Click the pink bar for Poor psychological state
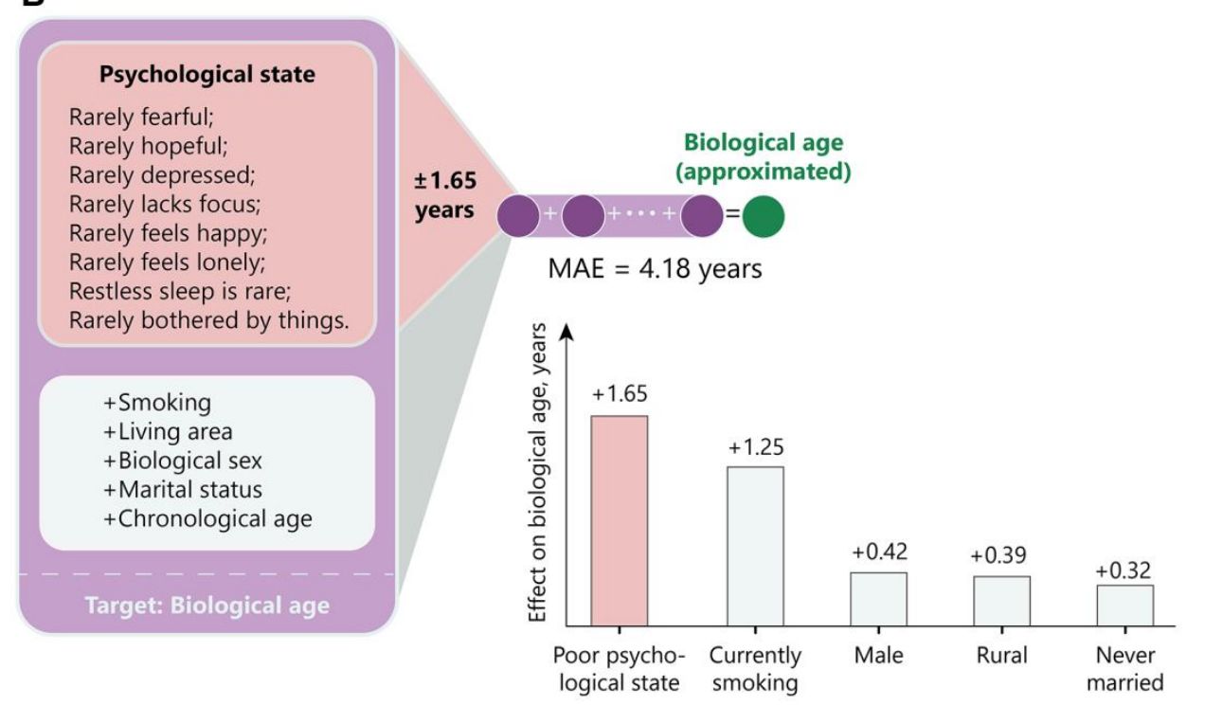tap(620, 520)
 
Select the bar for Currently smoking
tap(755, 546)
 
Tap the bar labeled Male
tap(878, 599)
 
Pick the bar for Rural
tap(1001, 601)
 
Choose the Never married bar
tap(1125, 605)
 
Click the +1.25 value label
tap(756, 447)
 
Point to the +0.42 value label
tap(879, 552)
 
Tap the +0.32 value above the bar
tap(1124, 570)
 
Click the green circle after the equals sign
tap(764, 216)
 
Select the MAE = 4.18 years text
tap(655, 268)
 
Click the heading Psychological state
tap(207, 74)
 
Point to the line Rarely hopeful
tap(149, 146)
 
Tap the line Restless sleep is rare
tap(180, 291)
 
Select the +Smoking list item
tap(157, 403)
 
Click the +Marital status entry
tap(183, 490)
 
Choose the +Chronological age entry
tap(207, 519)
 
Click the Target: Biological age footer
tap(207, 606)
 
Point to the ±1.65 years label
tap(445, 195)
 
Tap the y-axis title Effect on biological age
tap(537, 473)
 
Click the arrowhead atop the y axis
tap(566, 331)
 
